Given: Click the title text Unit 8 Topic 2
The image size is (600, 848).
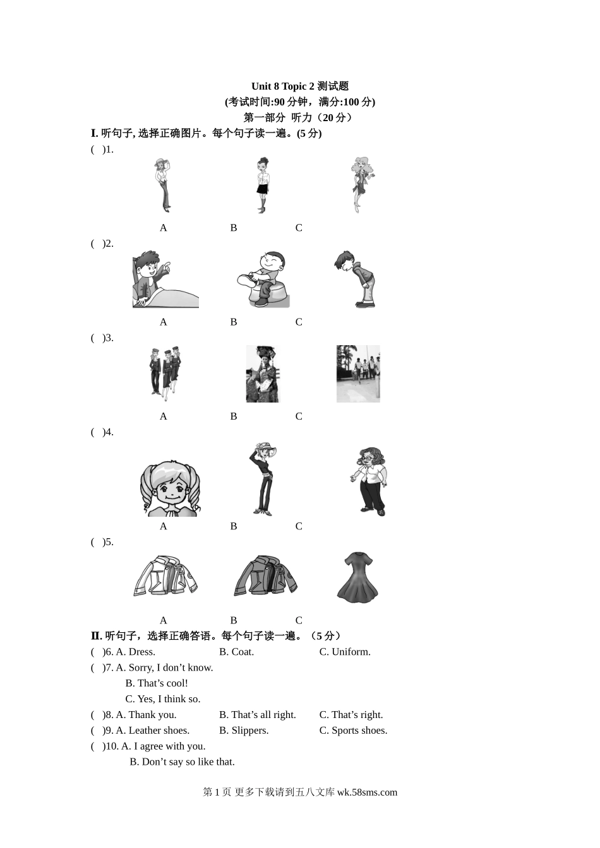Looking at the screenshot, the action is pyautogui.click(x=283, y=86).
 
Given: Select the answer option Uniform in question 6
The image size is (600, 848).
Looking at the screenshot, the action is pyautogui.click(x=351, y=652).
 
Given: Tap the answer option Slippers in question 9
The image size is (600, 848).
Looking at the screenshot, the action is pyautogui.click(x=249, y=730).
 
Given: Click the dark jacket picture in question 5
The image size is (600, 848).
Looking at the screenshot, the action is pyautogui.click(x=265, y=575).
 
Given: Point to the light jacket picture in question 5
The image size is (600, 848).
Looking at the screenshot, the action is pyautogui.click(x=165, y=576).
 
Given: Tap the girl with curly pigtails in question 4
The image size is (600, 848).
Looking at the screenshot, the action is pyautogui.click(x=170, y=488).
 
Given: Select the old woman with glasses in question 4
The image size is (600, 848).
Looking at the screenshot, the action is pyautogui.click(x=369, y=481).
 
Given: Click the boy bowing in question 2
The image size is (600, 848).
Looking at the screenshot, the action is pyautogui.click(x=355, y=279).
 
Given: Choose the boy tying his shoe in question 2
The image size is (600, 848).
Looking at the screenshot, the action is pyautogui.click(x=263, y=279).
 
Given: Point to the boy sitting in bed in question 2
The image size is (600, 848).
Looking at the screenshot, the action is pyautogui.click(x=165, y=279).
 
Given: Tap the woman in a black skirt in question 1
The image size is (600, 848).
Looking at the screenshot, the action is pyautogui.click(x=262, y=185).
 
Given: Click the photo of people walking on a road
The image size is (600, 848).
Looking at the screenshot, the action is pyautogui.click(x=358, y=374).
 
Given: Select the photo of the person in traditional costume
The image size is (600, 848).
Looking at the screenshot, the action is pyautogui.click(x=263, y=374).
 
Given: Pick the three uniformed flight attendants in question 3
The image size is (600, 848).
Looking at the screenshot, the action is pyautogui.click(x=165, y=374).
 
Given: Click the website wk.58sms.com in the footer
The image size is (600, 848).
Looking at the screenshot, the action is pyautogui.click(x=367, y=792).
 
